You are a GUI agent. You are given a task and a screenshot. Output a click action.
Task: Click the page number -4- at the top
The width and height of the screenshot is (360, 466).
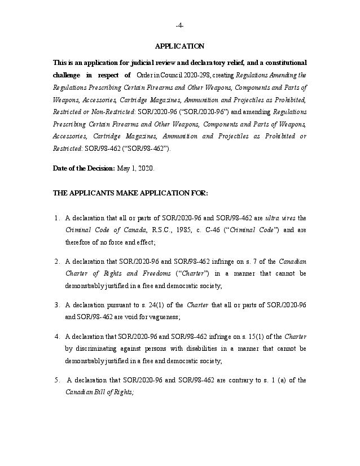[x=179, y=26]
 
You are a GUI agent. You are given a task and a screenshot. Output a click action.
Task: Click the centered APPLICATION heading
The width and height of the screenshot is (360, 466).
[x=179, y=46]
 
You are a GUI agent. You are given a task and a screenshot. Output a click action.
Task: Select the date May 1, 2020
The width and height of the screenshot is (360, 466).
[x=135, y=168]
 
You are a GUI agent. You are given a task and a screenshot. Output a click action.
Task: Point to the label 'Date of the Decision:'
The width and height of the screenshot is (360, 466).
[x=84, y=168]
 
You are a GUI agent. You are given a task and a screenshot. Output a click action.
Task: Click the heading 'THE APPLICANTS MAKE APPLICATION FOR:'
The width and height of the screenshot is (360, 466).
[x=130, y=193]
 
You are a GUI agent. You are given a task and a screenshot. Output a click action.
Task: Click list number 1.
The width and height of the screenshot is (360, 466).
[x=57, y=218]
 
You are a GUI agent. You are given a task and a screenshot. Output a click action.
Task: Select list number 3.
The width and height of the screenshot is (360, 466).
[x=57, y=305]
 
